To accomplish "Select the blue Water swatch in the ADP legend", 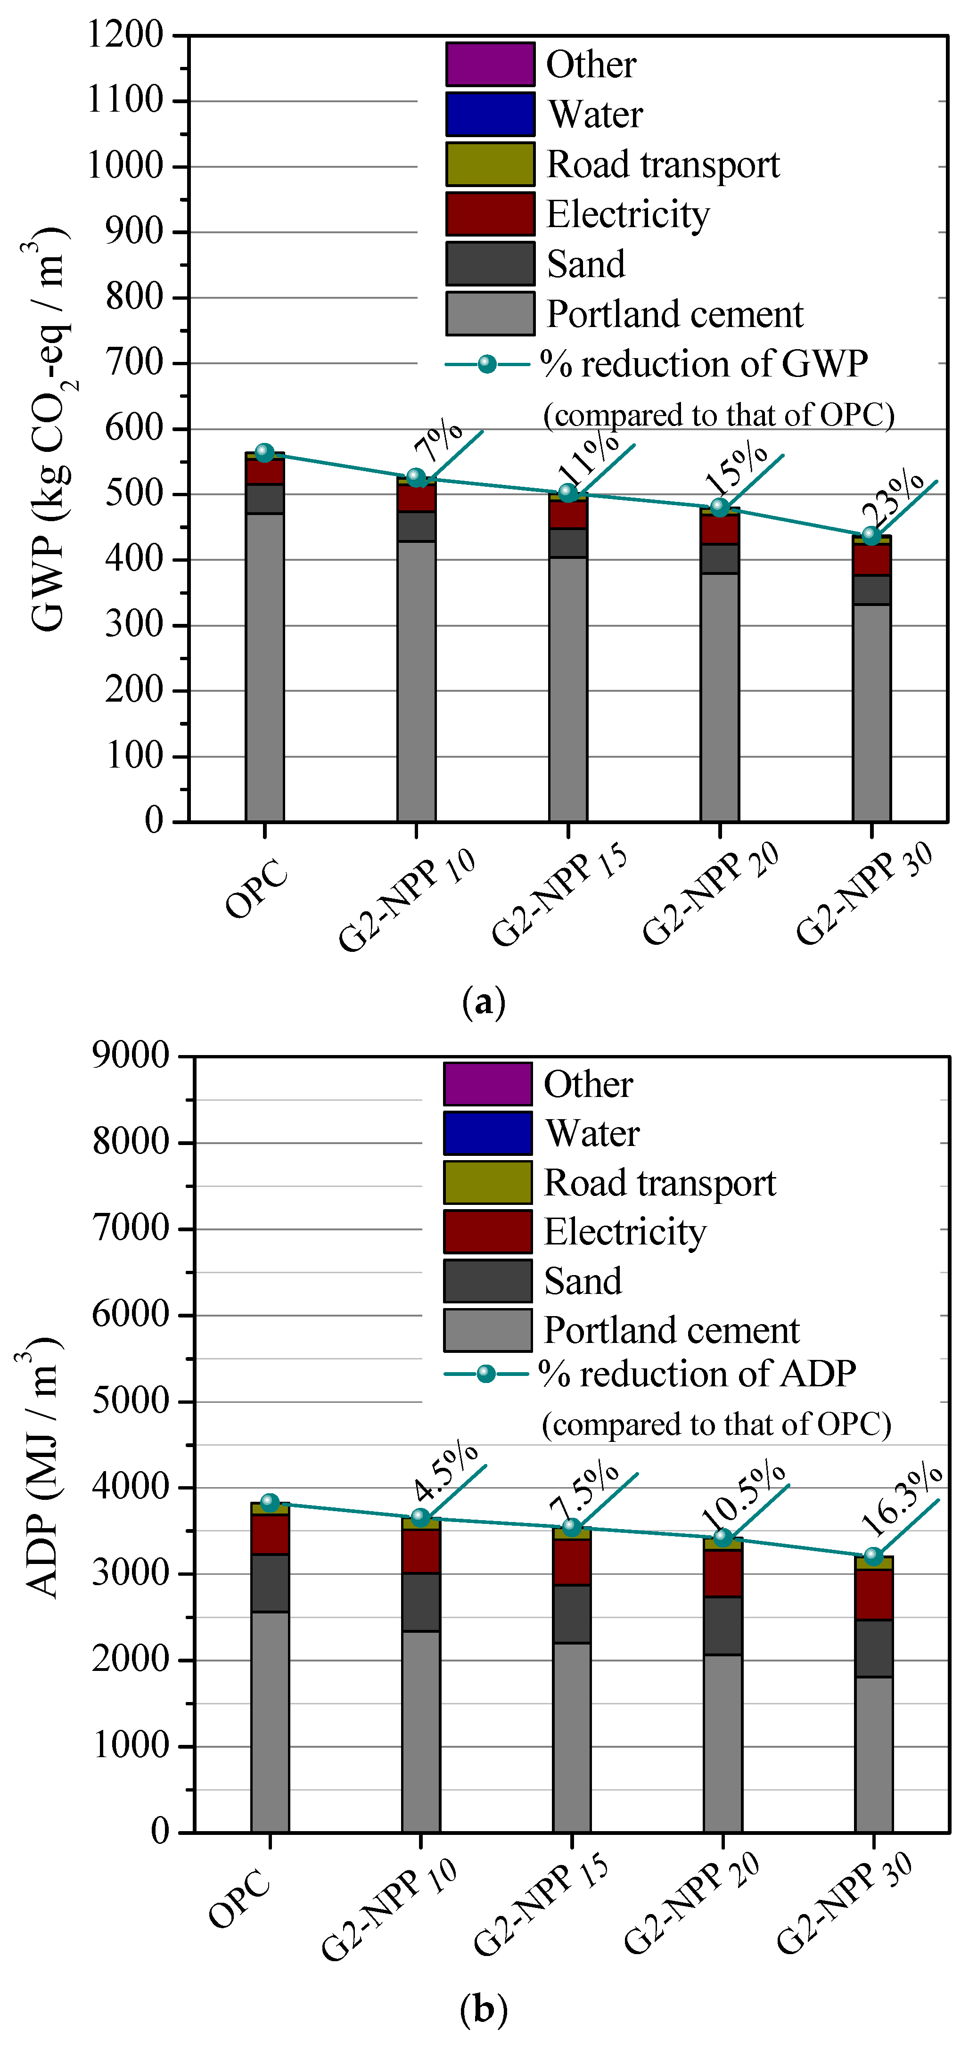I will point(487,1133).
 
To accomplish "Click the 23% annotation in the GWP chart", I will point(893,496).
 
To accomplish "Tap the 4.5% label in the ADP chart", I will point(445,1472).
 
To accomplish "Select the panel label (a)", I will point(483,1002).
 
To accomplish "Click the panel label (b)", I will point(483,2009).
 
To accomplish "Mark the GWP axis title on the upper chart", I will point(48,429).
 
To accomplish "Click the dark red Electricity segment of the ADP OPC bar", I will point(270,1534).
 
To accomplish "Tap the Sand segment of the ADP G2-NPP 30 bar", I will point(874,1648).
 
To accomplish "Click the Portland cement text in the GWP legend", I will point(674,314).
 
